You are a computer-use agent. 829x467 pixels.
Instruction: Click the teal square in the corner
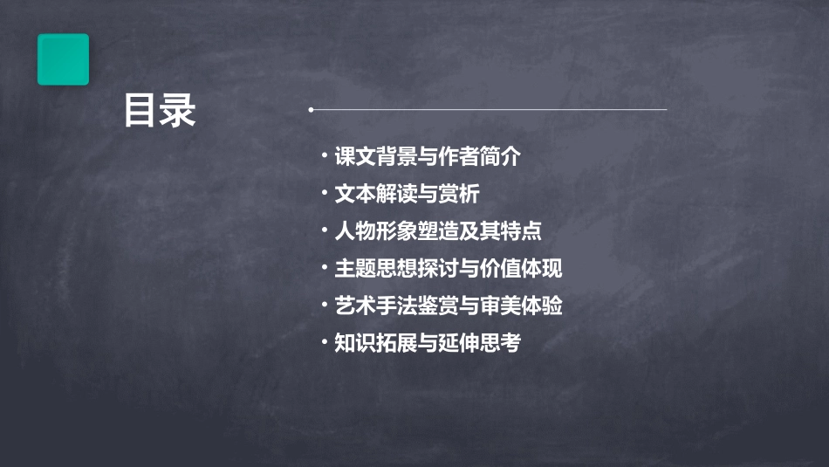[x=63, y=59]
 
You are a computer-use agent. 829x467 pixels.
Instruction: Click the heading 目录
[x=160, y=111]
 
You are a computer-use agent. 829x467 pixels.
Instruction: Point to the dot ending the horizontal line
[x=311, y=110]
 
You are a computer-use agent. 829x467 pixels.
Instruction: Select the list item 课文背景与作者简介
[x=428, y=157]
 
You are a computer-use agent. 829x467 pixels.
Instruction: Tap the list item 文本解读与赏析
[x=407, y=194]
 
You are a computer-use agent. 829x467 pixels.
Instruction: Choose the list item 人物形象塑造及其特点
[x=438, y=231]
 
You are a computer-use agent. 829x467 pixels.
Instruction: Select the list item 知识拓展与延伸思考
[x=428, y=343]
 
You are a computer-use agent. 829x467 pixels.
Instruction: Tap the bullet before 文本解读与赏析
[x=325, y=194]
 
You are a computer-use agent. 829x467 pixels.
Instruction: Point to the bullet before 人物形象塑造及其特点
[x=325, y=231]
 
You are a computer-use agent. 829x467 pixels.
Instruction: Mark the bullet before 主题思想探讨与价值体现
[x=325, y=268]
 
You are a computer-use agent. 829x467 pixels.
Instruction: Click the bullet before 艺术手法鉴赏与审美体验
[x=325, y=306]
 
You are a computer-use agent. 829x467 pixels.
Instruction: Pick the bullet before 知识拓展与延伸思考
[x=325, y=343]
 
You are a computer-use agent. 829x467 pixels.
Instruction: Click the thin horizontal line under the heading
[x=489, y=110]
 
